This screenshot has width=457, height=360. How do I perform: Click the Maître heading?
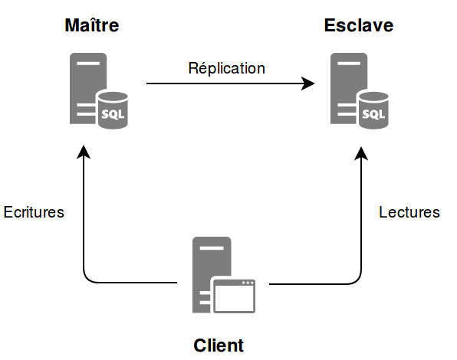(x=92, y=25)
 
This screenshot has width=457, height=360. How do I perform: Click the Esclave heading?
(x=359, y=25)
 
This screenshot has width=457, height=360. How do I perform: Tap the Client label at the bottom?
(x=219, y=345)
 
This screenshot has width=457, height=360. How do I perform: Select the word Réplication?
(x=227, y=68)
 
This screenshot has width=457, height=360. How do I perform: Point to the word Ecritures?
(x=34, y=212)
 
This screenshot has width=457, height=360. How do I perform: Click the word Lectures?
(x=409, y=212)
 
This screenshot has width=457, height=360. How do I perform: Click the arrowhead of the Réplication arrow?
(x=307, y=83)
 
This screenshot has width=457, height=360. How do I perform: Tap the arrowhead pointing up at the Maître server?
(x=84, y=152)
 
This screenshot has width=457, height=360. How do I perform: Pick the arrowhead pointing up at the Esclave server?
(x=361, y=153)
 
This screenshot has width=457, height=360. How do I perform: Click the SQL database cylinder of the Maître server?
(x=113, y=110)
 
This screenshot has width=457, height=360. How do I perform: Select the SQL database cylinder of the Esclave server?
(x=373, y=110)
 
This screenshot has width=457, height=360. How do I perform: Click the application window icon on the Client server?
(x=235, y=296)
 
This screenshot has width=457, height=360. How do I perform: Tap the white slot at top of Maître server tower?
(x=88, y=63)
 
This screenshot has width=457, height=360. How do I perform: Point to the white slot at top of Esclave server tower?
(x=349, y=63)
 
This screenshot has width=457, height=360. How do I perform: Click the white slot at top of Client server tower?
(x=212, y=248)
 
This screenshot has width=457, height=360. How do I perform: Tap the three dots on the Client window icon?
(x=248, y=283)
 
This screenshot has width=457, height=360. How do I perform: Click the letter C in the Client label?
(x=200, y=345)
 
